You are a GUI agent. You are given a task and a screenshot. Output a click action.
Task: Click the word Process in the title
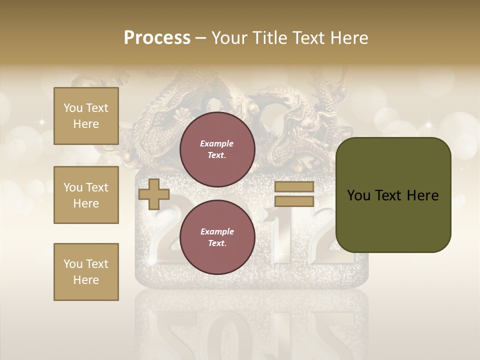point(157,38)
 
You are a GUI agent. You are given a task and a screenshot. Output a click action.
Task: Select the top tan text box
point(86,116)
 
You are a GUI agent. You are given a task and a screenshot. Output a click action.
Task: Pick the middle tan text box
point(86,195)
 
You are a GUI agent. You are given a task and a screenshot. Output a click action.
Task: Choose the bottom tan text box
point(86,272)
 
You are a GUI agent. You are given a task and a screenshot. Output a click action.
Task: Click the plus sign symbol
point(154,194)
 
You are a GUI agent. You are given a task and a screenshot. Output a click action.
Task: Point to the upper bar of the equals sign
point(294,186)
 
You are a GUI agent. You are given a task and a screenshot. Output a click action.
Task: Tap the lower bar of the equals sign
point(294,201)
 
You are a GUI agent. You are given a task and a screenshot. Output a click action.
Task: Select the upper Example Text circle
point(217,149)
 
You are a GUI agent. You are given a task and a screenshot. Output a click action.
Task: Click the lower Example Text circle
point(217,237)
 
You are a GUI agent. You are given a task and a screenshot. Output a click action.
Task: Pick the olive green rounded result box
point(393,195)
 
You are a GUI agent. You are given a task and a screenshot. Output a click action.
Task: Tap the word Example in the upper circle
point(217,143)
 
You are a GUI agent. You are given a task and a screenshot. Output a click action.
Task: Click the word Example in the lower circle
point(217,231)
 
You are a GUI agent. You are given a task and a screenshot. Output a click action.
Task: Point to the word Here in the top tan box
point(86,124)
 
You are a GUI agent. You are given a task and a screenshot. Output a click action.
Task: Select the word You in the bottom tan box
point(72,264)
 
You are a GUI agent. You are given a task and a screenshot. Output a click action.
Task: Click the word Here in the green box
point(423,195)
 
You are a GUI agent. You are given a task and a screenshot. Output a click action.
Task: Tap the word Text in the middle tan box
point(96,187)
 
